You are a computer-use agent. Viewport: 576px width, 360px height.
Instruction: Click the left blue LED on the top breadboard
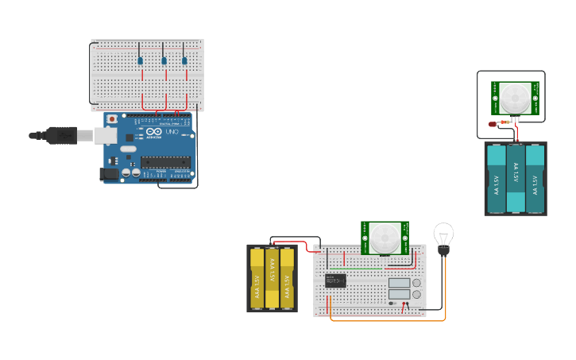coord(140,60)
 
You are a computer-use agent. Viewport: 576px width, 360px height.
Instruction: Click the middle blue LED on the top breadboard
coord(164,60)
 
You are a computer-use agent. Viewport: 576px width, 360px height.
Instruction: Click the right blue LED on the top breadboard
coord(184,60)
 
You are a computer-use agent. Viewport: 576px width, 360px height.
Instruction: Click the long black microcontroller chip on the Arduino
coord(167,162)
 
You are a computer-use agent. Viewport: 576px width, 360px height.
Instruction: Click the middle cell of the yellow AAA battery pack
coord(272,278)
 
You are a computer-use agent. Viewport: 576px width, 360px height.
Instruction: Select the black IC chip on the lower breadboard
coord(335,280)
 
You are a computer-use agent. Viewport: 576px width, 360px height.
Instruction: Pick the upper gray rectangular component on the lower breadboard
coord(399,283)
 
